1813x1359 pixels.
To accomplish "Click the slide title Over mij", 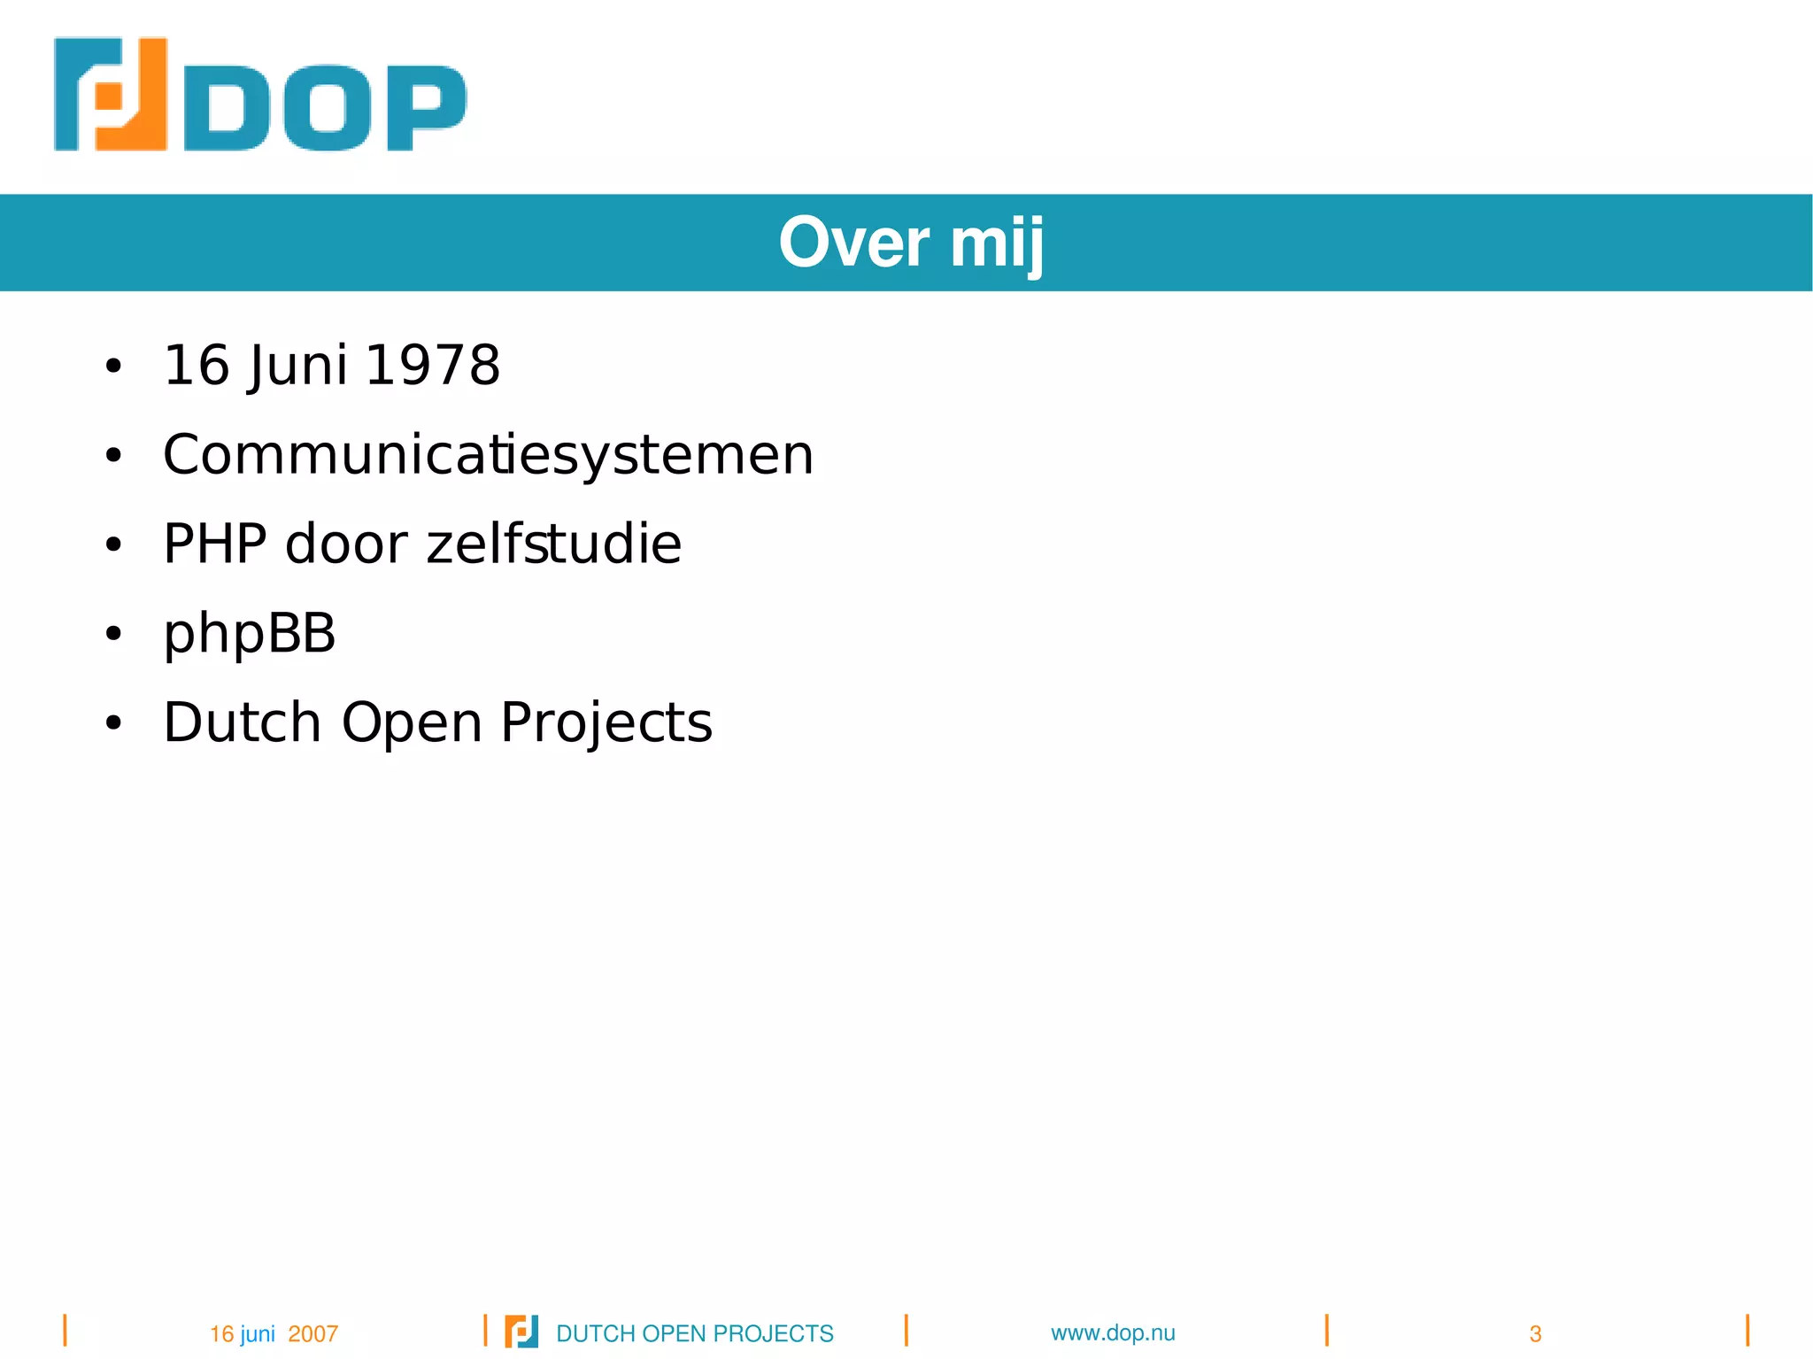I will (x=911, y=243).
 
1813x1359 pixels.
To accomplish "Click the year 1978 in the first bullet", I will (x=432, y=365).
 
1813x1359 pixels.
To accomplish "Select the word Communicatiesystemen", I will (x=488, y=455).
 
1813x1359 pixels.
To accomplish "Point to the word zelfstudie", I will (x=554, y=544).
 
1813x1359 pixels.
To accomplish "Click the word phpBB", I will (x=250, y=634).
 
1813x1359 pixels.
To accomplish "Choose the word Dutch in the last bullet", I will (x=242, y=722).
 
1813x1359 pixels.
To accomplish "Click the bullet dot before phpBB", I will (x=112, y=634).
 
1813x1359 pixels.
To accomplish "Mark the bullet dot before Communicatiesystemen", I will (x=112, y=455).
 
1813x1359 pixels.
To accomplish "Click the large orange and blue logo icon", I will (x=111, y=94).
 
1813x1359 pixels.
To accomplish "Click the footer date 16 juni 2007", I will (x=274, y=1333).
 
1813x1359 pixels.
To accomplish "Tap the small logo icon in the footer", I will (x=521, y=1332).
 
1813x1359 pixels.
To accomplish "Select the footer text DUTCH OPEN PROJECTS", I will (x=695, y=1333).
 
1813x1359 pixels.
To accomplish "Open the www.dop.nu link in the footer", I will (x=1113, y=1333).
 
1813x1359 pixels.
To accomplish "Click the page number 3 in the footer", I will (x=1535, y=1334).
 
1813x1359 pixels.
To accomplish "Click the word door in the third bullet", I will (x=345, y=544).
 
